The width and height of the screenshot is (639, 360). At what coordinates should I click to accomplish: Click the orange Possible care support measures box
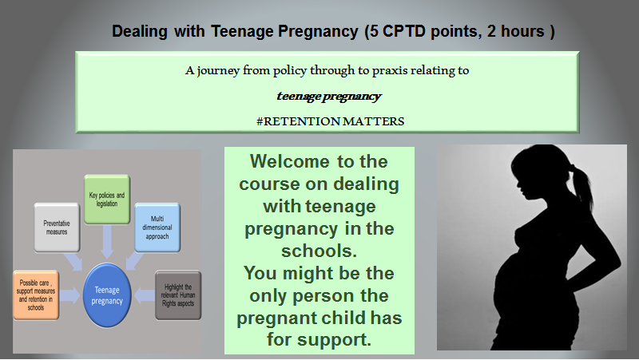point(36,295)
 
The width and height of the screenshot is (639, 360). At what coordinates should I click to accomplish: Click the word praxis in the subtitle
point(388,70)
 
